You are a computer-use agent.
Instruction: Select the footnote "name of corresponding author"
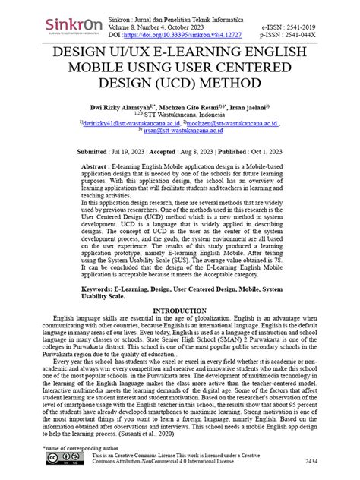(73, 448)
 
